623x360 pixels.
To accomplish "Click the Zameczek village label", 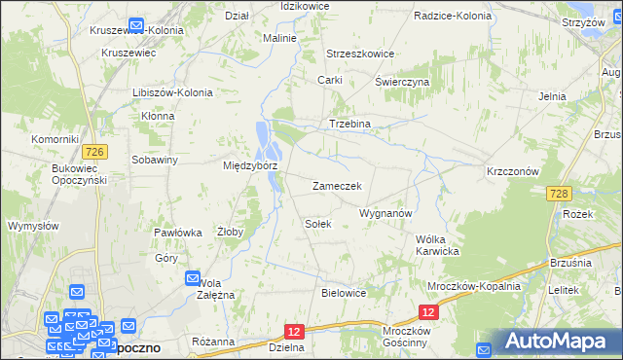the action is tap(337, 186).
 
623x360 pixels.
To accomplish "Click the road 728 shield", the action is tap(557, 196).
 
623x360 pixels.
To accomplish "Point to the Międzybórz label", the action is tap(250, 165).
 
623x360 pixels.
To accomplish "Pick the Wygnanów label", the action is tap(387, 212).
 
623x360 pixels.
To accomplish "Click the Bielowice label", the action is tap(343, 292).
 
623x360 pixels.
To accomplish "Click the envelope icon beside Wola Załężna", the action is tap(193, 279).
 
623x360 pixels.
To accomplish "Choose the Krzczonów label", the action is tap(513, 170).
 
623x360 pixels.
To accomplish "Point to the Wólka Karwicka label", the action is tap(437, 244).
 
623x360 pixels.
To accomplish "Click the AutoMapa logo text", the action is tap(557, 342).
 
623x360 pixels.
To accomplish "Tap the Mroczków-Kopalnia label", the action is tap(474, 286).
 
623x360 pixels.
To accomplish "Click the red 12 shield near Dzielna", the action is tap(296, 332).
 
